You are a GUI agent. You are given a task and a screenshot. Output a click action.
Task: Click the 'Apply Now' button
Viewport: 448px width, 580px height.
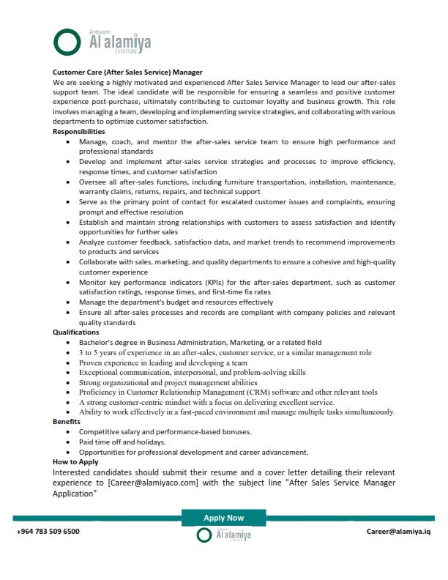223,518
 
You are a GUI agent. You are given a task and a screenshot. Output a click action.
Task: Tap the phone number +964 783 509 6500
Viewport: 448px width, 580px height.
48,532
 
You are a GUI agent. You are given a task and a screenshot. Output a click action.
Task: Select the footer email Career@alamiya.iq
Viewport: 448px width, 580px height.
398,532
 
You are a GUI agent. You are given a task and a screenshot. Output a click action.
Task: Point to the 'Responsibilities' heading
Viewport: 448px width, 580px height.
79,131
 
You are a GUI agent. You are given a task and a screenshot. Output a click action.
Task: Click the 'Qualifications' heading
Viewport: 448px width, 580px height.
75,332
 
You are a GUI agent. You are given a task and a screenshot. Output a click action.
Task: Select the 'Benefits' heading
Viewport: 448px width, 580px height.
67,422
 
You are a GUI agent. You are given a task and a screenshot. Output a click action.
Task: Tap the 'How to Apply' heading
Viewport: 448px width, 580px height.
75,462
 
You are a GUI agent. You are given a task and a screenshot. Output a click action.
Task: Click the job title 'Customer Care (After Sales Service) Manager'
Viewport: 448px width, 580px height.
127,73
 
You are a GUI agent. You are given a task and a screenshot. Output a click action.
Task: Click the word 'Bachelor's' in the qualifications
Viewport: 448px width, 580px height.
99,342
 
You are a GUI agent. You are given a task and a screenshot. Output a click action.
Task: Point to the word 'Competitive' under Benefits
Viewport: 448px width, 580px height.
100,432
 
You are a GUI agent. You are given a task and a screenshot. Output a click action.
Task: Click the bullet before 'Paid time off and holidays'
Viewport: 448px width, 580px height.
68,442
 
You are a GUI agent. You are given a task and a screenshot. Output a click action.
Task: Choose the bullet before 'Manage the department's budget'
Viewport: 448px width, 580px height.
68,302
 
